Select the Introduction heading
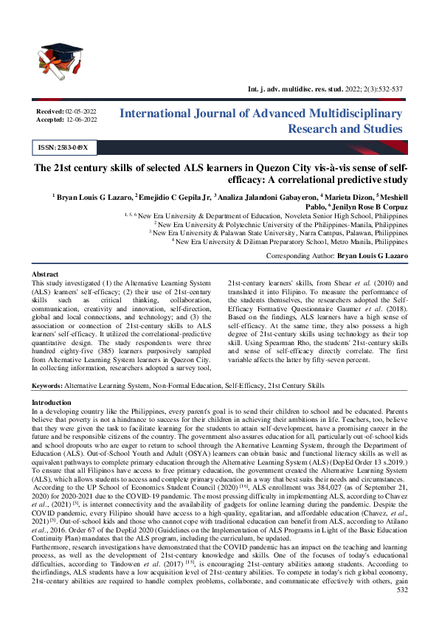(x=52, y=401)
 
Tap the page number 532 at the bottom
(x=402, y=610)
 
